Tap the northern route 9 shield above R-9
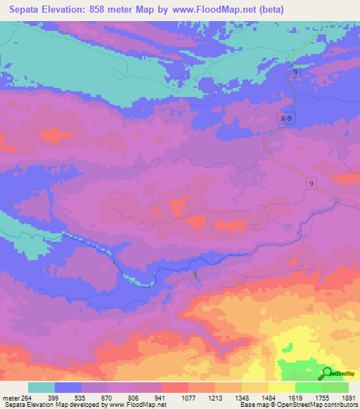pyautogui.click(x=295, y=72)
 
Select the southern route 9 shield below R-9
pyautogui.click(x=311, y=183)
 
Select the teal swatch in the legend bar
pyautogui.click(x=41, y=387)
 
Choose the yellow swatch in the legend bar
pyautogui.click(x=282, y=387)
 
